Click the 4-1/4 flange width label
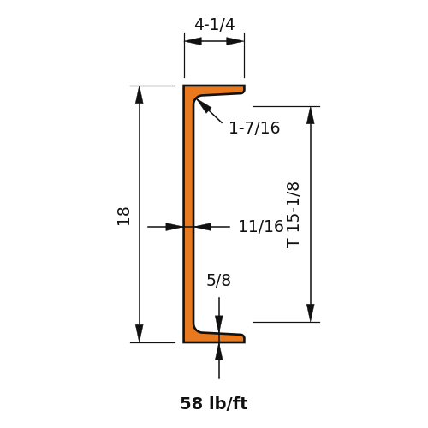pos(215,24)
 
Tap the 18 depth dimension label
pos(123,217)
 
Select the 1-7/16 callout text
pos(254,128)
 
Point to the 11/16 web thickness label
pos(261,227)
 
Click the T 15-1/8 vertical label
pos(293,215)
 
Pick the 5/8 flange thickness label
pos(218,280)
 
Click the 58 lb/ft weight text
pos(214,403)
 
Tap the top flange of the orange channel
pos(214,90)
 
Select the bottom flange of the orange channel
pos(214,338)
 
